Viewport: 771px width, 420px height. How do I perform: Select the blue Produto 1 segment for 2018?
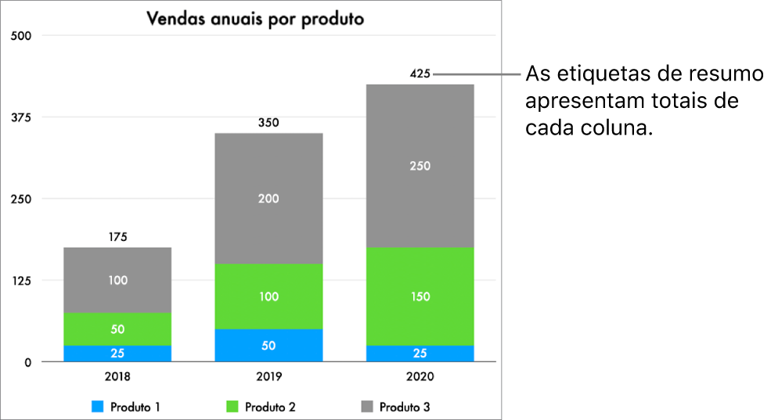117,354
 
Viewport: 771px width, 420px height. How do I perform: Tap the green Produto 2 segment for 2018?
117,329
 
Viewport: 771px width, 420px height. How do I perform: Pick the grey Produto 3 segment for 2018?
117,280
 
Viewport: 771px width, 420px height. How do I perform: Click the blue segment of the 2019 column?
268,346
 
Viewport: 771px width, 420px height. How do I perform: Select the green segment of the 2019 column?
268,296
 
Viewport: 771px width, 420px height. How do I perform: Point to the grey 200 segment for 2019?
268,199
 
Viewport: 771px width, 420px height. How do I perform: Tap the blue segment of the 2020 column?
420,354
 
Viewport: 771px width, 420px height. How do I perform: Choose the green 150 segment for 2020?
420,296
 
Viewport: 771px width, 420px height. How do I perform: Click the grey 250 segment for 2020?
420,166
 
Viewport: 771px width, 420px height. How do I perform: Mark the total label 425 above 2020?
420,74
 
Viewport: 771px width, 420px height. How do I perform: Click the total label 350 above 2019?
268,123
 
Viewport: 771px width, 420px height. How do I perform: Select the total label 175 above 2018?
117,237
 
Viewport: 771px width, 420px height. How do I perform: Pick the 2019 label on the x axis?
268,376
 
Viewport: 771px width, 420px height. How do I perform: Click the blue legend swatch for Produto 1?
98,407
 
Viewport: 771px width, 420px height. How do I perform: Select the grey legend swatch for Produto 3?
366,407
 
